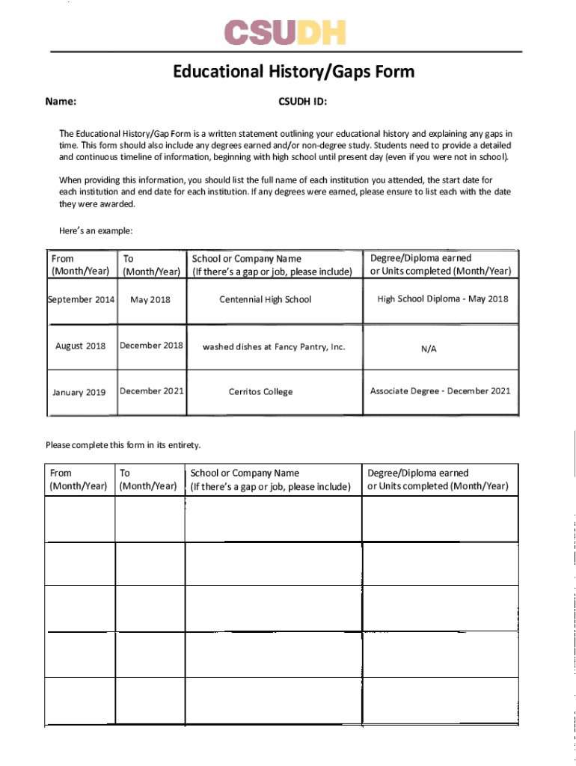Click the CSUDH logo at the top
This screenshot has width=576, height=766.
[x=285, y=32]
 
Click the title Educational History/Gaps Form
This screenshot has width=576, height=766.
[x=293, y=72]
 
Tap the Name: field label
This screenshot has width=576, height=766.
[x=64, y=101]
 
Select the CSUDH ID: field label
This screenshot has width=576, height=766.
[x=302, y=101]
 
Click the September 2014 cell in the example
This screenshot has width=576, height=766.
[x=81, y=300]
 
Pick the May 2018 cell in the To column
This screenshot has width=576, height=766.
[x=150, y=300]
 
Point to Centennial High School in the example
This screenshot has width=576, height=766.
[x=265, y=300]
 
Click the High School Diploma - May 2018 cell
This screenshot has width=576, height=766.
[x=442, y=299]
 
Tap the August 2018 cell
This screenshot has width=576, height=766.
[x=81, y=346]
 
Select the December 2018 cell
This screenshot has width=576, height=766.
[x=151, y=346]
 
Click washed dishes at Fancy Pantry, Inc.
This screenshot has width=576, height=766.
[x=274, y=347]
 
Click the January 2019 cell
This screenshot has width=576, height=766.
[x=79, y=392]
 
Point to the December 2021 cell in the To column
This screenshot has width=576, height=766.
[x=152, y=391]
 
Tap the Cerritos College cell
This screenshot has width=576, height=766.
[x=260, y=392]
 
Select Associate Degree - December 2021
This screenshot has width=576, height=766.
[x=440, y=391]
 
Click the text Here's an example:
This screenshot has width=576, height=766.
[x=96, y=230]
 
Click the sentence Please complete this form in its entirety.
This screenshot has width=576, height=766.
[x=123, y=445]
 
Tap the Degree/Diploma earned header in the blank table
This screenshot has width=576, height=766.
[x=417, y=473]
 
